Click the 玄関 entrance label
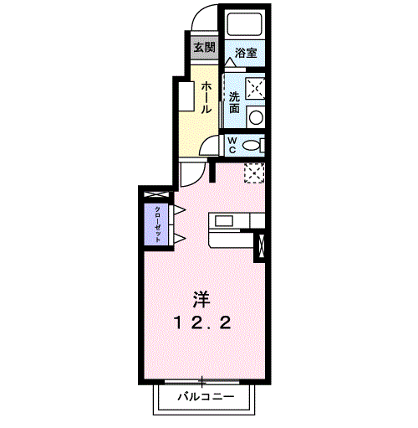[203, 47]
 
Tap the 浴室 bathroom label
[245, 53]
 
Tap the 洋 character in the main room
[201, 298]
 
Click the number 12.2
[201, 322]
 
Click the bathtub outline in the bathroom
[244, 25]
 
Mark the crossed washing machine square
[256, 88]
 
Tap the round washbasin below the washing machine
[257, 116]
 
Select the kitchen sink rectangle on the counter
[223, 220]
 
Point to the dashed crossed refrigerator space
[254, 172]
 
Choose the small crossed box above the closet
[155, 194]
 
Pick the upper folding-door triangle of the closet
[178, 209]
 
